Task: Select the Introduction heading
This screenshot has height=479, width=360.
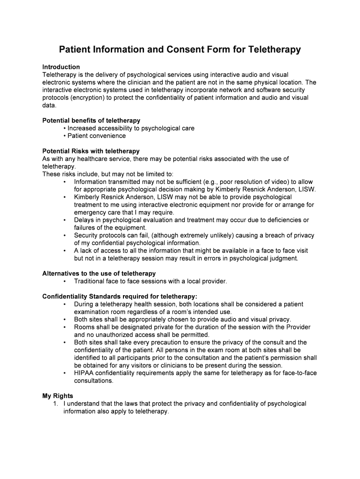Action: click(x=61, y=67)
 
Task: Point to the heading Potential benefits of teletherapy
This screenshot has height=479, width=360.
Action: click(x=91, y=120)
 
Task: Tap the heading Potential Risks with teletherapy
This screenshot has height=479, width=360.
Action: click(x=91, y=151)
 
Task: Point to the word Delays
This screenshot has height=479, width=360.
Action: click(x=84, y=220)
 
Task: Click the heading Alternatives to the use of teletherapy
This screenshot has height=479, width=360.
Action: click(x=99, y=273)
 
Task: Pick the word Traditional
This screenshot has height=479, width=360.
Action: click(x=91, y=281)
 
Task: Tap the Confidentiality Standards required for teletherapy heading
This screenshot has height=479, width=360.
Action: click(x=120, y=296)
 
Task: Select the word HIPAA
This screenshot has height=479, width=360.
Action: click(x=84, y=373)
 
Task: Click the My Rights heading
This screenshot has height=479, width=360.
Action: click(x=58, y=396)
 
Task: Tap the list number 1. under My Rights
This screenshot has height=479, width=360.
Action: click(x=56, y=403)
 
